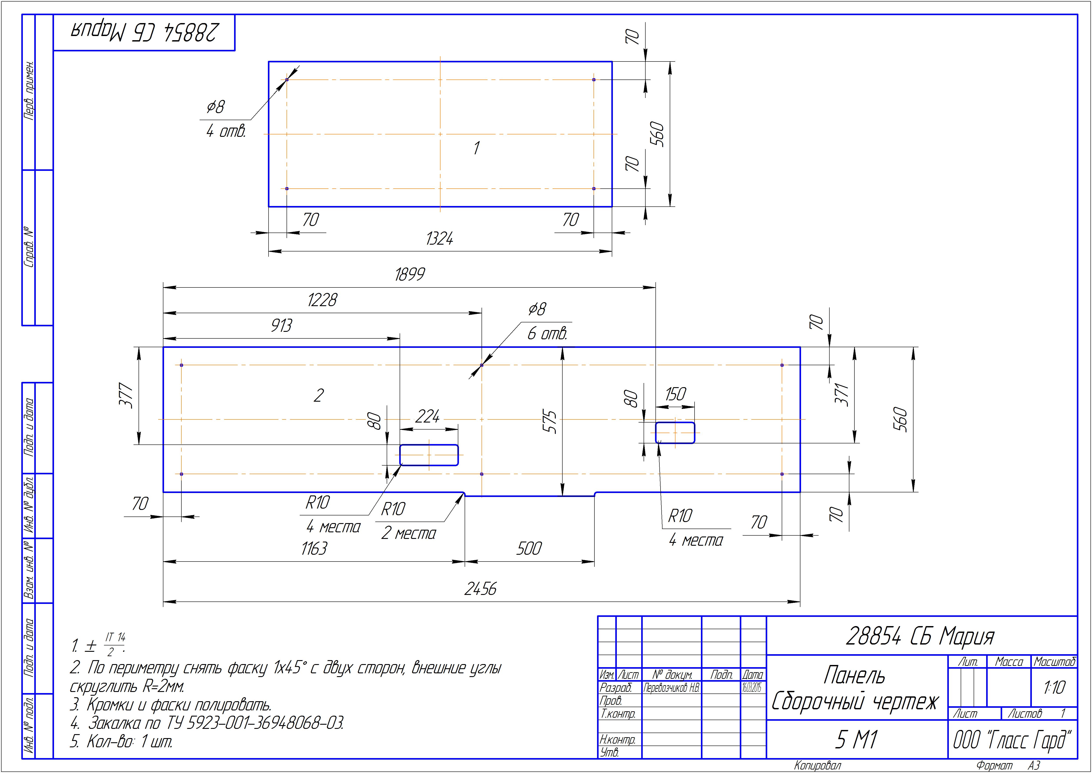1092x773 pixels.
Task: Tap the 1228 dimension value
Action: (x=322, y=300)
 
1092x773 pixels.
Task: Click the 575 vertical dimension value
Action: (x=550, y=421)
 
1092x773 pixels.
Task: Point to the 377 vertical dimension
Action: (x=126, y=395)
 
